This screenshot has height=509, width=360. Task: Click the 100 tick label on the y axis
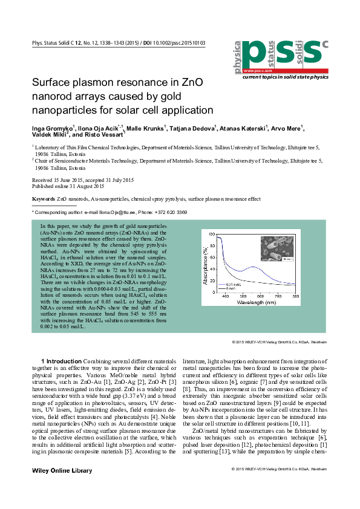(x=211, y=233)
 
